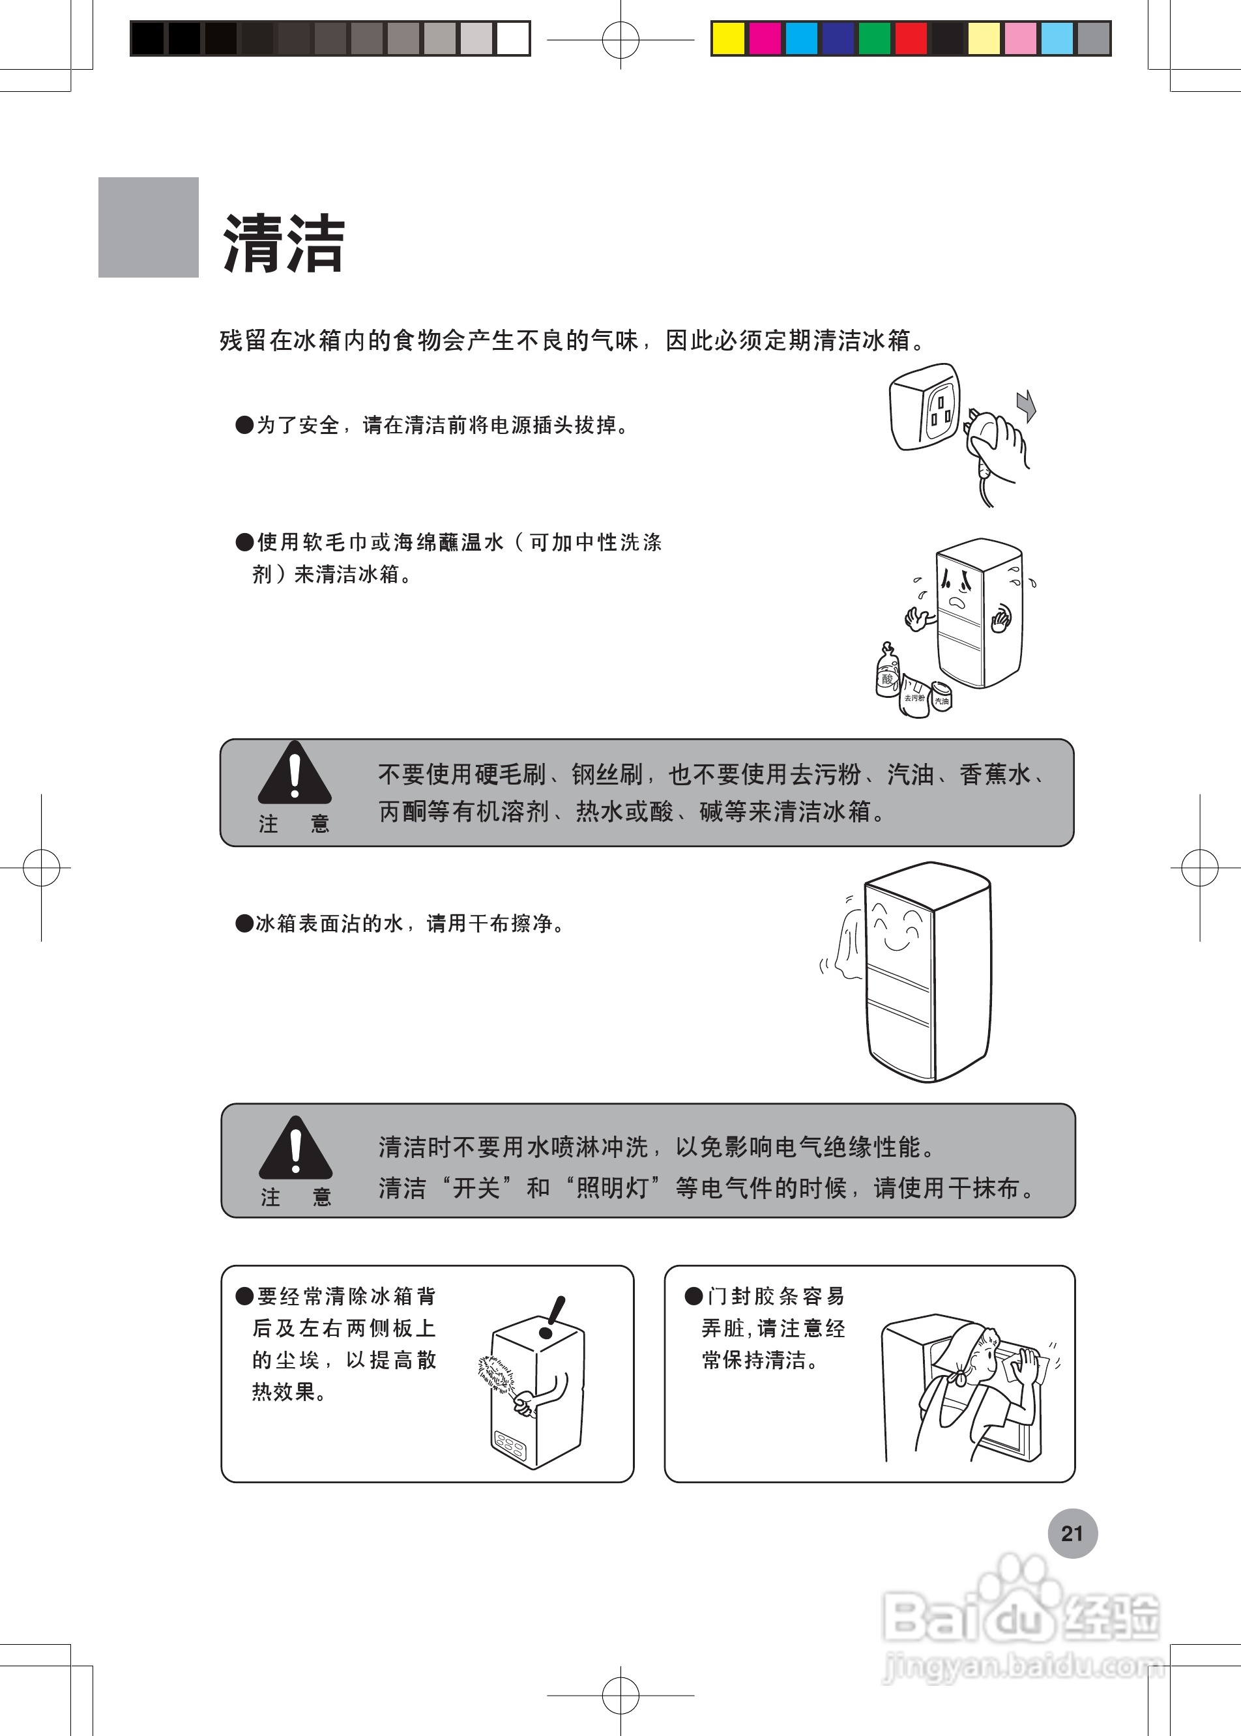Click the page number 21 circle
coord(1072,1533)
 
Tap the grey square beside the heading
coord(148,227)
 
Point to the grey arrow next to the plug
coord(1027,405)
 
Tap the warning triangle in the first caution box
coord(294,774)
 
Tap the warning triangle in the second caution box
coord(296,1148)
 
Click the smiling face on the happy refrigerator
coord(897,929)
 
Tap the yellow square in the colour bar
coord(728,38)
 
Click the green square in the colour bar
coord(874,38)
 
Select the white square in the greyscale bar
coord(513,38)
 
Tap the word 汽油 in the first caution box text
coord(910,775)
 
